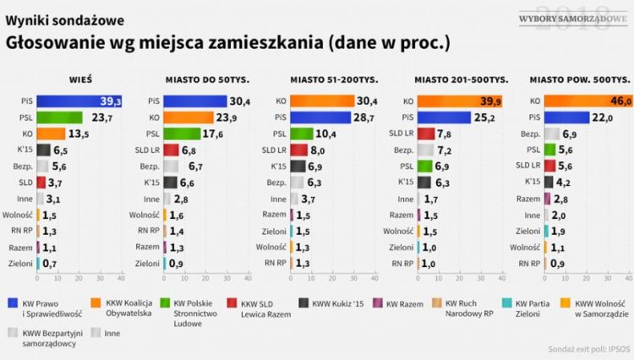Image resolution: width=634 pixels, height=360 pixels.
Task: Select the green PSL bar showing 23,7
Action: coord(60,117)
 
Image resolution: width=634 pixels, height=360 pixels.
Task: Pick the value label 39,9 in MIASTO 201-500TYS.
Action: coord(492,101)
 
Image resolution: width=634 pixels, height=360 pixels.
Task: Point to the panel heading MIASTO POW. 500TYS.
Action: coord(577,79)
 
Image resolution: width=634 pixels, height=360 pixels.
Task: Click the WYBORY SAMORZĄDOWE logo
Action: coord(561,18)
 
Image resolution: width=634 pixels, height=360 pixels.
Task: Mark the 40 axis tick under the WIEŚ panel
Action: coord(120,277)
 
